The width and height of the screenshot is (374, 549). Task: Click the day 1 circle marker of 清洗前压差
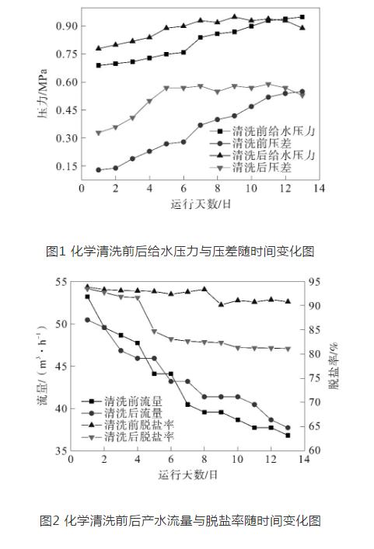click(99, 170)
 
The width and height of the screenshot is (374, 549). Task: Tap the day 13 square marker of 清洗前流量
click(288, 436)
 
